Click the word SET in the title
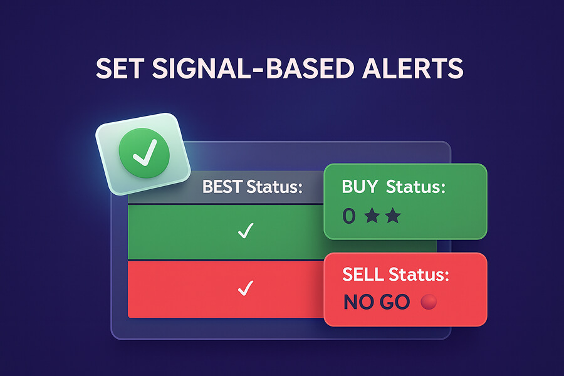click(120, 68)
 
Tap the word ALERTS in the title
click(412, 68)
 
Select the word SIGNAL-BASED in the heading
click(251, 68)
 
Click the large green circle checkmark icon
click(144, 153)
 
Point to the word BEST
click(222, 186)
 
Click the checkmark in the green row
click(246, 231)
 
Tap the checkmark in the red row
click(246, 288)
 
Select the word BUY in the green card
click(359, 186)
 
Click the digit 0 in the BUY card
click(349, 216)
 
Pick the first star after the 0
click(372, 216)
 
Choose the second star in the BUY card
click(392, 216)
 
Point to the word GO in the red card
click(395, 301)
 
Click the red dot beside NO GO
click(429, 301)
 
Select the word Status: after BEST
click(274, 186)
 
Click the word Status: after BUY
click(415, 186)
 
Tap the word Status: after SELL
click(419, 274)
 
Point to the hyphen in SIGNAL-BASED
click(259, 70)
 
